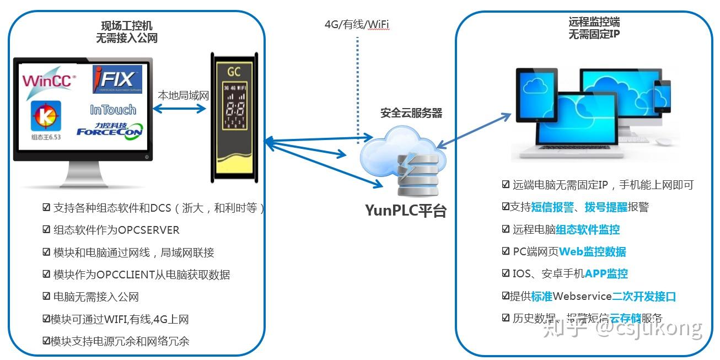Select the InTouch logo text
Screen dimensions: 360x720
pyautogui.click(x=113, y=109)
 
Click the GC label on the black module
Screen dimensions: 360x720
pyautogui.click(x=234, y=72)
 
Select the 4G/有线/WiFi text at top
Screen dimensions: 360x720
pyautogui.click(x=357, y=24)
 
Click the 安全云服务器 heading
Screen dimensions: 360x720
pyautogui.click(x=411, y=113)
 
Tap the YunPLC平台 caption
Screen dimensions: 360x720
pyautogui.click(x=406, y=211)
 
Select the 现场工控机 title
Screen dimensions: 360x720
pyautogui.click(x=127, y=26)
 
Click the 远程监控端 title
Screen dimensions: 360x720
pyautogui.click(x=594, y=23)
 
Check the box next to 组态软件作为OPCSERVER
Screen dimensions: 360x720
pyautogui.click(x=47, y=229)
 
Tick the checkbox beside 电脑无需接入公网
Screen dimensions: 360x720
pyautogui.click(x=47, y=296)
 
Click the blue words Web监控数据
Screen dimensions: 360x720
pyautogui.click(x=593, y=251)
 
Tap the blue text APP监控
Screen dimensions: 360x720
pyautogui.click(x=606, y=273)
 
